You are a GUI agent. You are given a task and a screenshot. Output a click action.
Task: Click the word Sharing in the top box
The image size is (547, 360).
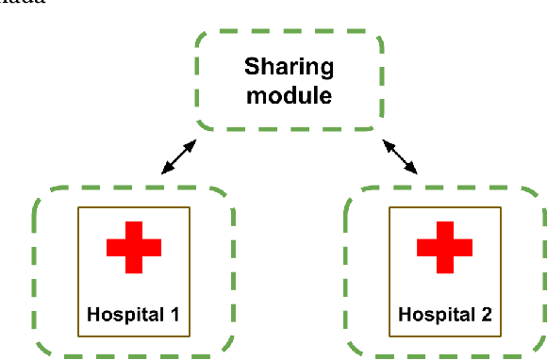click(290, 68)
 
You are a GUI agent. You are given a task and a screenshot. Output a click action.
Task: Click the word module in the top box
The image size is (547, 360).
click(290, 95)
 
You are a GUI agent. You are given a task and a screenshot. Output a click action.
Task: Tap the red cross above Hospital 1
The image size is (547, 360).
click(133, 247)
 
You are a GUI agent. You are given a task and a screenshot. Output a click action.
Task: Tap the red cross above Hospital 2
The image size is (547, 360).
click(444, 247)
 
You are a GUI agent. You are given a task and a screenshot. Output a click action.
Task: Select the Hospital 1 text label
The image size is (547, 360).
click(133, 312)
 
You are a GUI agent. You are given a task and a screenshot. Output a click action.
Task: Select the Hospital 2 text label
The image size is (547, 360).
click(444, 312)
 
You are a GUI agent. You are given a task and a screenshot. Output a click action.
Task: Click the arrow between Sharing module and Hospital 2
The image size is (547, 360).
click(400, 156)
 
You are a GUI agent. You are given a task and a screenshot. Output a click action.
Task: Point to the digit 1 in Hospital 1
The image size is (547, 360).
click(174, 312)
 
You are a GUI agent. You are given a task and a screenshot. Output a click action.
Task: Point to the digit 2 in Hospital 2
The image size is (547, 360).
click(485, 312)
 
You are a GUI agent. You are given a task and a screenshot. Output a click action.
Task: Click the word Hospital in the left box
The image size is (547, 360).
click(124, 312)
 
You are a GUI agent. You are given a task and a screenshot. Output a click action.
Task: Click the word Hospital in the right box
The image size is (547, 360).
click(435, 312)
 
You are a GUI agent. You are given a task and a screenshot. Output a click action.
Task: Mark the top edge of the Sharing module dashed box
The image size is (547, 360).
click(290, 35)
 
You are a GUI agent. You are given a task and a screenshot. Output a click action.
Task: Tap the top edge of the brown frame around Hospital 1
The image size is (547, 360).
click(133, 206)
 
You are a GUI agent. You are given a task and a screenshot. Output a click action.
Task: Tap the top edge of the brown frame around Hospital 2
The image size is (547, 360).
click(444, 206)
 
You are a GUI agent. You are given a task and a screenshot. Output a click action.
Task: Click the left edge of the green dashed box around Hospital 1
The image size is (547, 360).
click(36, 273)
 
